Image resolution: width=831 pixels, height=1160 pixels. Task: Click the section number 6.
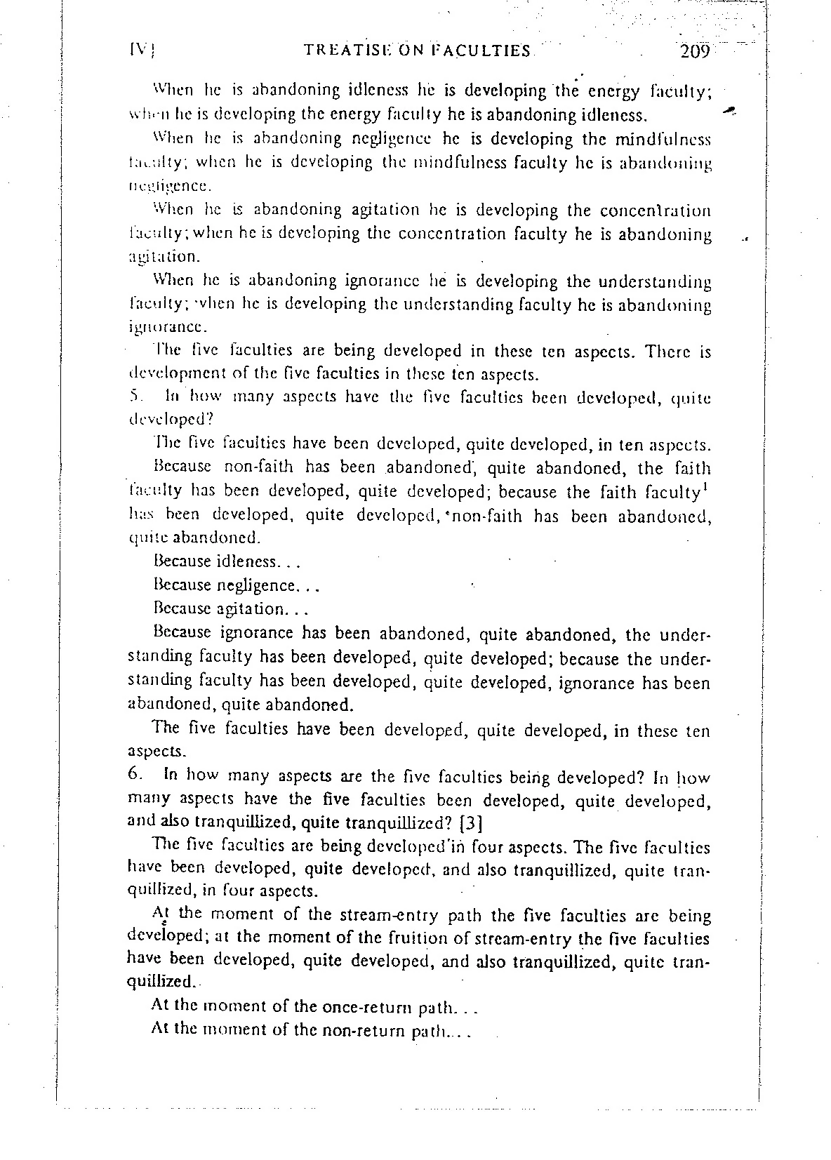(135, 776)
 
